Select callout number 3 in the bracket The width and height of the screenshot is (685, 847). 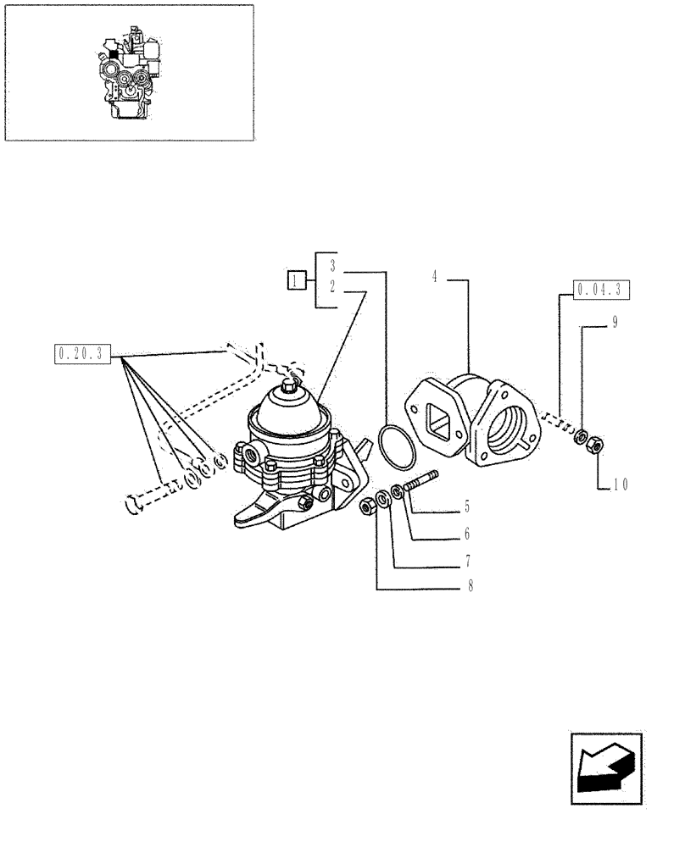(333, 264)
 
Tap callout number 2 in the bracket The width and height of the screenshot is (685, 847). (333, 287)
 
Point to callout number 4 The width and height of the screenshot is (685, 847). (433, 276)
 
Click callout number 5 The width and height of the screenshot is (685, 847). (466, 509)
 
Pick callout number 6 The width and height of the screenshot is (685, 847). (466, 534)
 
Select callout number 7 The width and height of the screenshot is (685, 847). (467, 561)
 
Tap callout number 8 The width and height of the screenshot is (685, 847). (469, 585)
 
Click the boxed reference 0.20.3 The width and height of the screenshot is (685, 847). (82, 353)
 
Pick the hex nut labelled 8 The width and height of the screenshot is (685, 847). (368, 507)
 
